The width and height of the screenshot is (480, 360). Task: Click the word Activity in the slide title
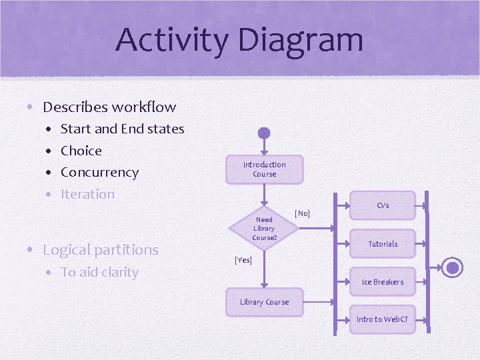pos(172,40)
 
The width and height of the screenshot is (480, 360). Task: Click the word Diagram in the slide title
pos(300,40)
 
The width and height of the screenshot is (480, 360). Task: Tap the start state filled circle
pos(264,133)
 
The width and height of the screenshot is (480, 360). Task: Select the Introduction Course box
pos(264,169)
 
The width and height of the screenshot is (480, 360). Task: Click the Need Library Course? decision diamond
pos(264,228)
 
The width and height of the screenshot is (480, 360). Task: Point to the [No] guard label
pos(302,213)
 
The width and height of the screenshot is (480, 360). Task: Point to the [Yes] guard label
pos(243,260)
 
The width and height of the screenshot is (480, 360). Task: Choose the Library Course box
pos(264,302)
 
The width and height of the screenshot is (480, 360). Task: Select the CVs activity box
pos(383,206)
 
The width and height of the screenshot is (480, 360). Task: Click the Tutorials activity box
pos(383,244)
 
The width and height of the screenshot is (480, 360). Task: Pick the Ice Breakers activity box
pos(383,282)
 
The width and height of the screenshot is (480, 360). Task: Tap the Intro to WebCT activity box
pos(383,319)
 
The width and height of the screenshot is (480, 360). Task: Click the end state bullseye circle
pos(453,268)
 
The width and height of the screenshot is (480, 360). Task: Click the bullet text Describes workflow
pos(109,107)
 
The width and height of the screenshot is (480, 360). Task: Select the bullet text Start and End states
pos(122,129)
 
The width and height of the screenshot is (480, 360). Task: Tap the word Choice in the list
pos(81,151)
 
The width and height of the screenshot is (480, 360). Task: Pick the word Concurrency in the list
pos(99,172)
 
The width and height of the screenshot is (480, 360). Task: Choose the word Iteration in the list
pos(87,194)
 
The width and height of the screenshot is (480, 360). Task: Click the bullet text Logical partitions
pos(101,250)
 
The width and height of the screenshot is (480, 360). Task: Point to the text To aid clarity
pos(99,272)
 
